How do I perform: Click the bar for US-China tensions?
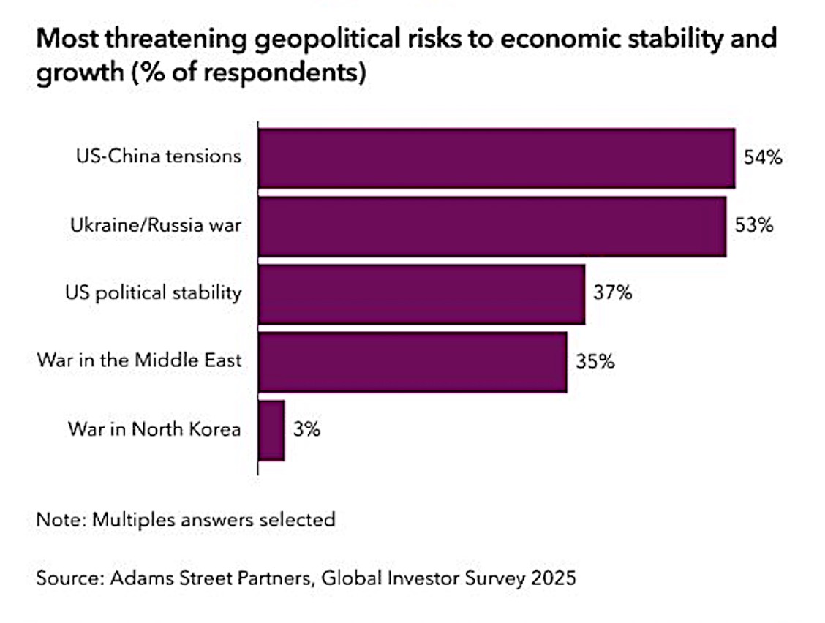point(497,158)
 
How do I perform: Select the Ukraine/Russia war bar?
point(492,226)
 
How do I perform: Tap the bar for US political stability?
point(421,294)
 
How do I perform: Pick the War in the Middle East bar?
point(412,362)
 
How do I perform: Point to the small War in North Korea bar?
point(271,430)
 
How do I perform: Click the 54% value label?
point(763,157)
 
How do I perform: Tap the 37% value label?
point(612,293)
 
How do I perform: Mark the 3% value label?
point(307,429)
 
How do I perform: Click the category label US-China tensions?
point(159,156)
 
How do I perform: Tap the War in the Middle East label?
point(139,360)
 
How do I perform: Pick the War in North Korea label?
point(154,429)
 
